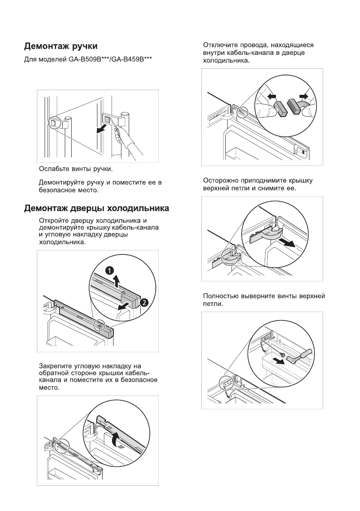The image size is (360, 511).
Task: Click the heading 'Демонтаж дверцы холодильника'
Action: click(96, 209)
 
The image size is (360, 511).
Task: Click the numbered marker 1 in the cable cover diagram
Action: click(110, 270)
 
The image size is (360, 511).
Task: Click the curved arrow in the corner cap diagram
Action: click(115, 439)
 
